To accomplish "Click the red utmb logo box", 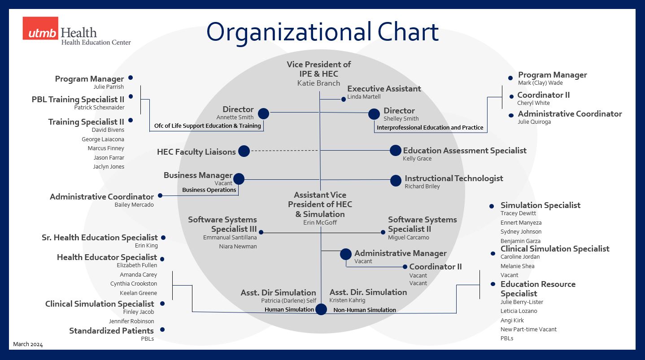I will [40, 28].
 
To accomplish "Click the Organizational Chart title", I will [322, 32].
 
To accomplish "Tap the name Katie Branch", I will [318, 83].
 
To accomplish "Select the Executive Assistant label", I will [384, 89].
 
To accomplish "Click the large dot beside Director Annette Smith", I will [263, 114].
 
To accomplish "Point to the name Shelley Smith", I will [401, 119].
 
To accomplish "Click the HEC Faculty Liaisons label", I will [196, 152].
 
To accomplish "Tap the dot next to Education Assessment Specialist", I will [395, 151].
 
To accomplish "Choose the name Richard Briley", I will [422, 187].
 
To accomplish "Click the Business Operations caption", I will [209, 190].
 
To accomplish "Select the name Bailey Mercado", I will [134, 205].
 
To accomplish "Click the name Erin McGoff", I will [320, 223].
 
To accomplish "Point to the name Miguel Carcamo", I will [408, 238].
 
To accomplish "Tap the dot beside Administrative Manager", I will [345, 254].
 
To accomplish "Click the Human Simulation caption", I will [289, 310].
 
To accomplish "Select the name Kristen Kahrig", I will [347, 300].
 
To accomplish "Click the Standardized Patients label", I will [111, 331].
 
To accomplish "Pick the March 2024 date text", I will [28, 344].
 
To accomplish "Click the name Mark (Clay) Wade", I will [540, 83].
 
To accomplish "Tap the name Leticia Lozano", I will [519, 311].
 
